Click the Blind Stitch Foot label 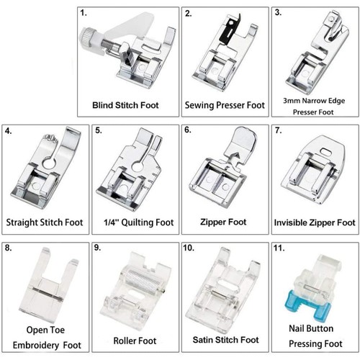tap(127, 105)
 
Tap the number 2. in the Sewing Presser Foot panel tap(189, 14)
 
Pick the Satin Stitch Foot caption tap(225, 339)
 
